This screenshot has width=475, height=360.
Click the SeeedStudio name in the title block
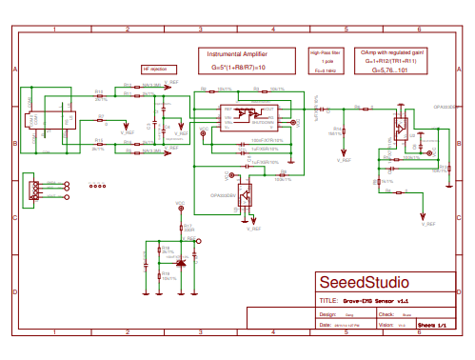tap(363, 283)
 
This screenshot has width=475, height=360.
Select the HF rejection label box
tap(154, 70)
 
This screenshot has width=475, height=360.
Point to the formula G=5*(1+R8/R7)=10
tap(238, 68)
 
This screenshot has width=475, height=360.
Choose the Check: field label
tap(386, 313)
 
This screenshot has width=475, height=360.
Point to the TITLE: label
tap(326, 300)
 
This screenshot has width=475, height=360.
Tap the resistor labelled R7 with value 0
tap(100, 121)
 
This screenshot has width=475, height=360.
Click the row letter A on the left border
tap(14, 70)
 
